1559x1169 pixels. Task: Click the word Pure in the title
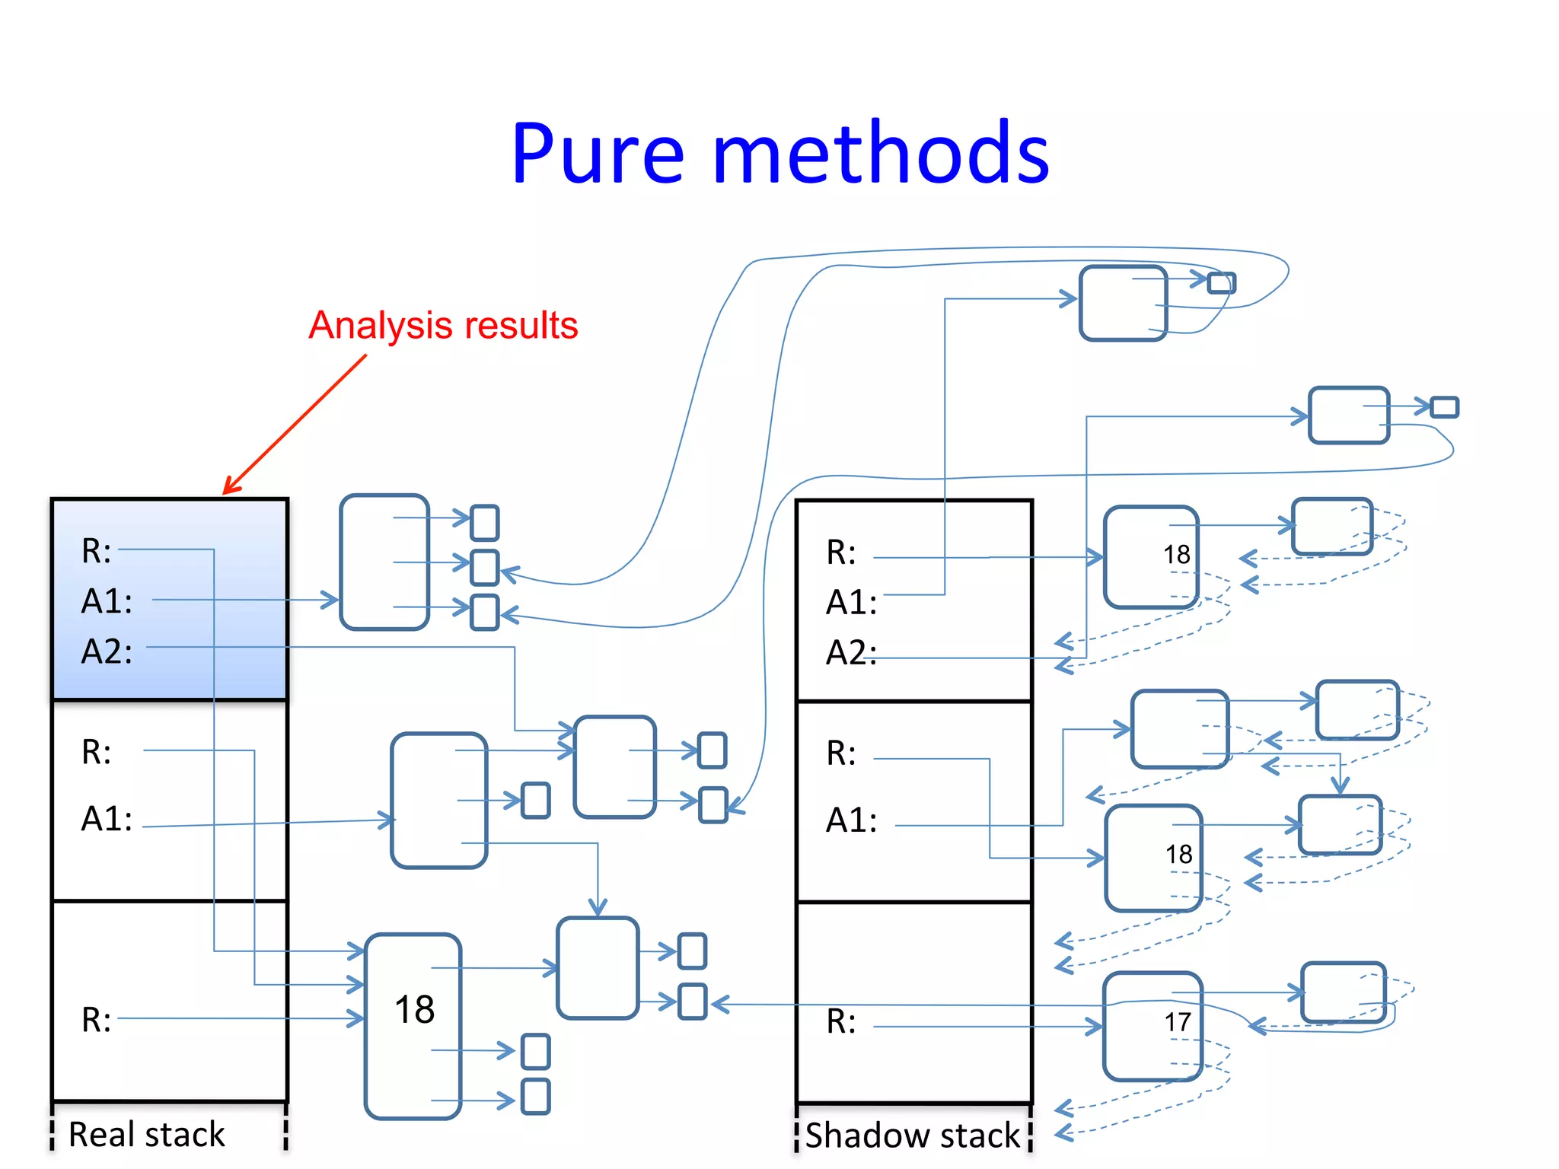pos(598,154)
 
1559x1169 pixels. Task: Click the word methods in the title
pos(881,154)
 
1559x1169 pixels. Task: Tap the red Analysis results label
pos(443,326)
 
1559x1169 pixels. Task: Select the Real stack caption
pos(147,1134)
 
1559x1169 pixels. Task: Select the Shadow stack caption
pos(912,1135)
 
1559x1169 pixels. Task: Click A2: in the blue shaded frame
pos(107,651)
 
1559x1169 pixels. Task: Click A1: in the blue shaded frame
pos(107,601)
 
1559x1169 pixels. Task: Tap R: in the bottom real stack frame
pos(97,1020)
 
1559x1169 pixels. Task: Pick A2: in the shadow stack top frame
pos(851,653)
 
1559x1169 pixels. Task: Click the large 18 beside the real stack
pos(414,1010)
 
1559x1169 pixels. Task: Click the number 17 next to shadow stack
pos(1178,1022)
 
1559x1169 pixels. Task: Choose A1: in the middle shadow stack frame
pos(851,820)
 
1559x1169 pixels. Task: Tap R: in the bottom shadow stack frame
pos(841,1021)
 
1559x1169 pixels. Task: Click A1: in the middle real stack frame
pos(107,819)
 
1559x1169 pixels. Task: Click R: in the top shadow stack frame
pos(841,553)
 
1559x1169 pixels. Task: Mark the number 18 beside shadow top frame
pos(1176,554)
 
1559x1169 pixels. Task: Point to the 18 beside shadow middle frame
pos(1178,854)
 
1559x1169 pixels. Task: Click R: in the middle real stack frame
pos(97,752)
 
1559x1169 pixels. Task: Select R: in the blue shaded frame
pos(97,551)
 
